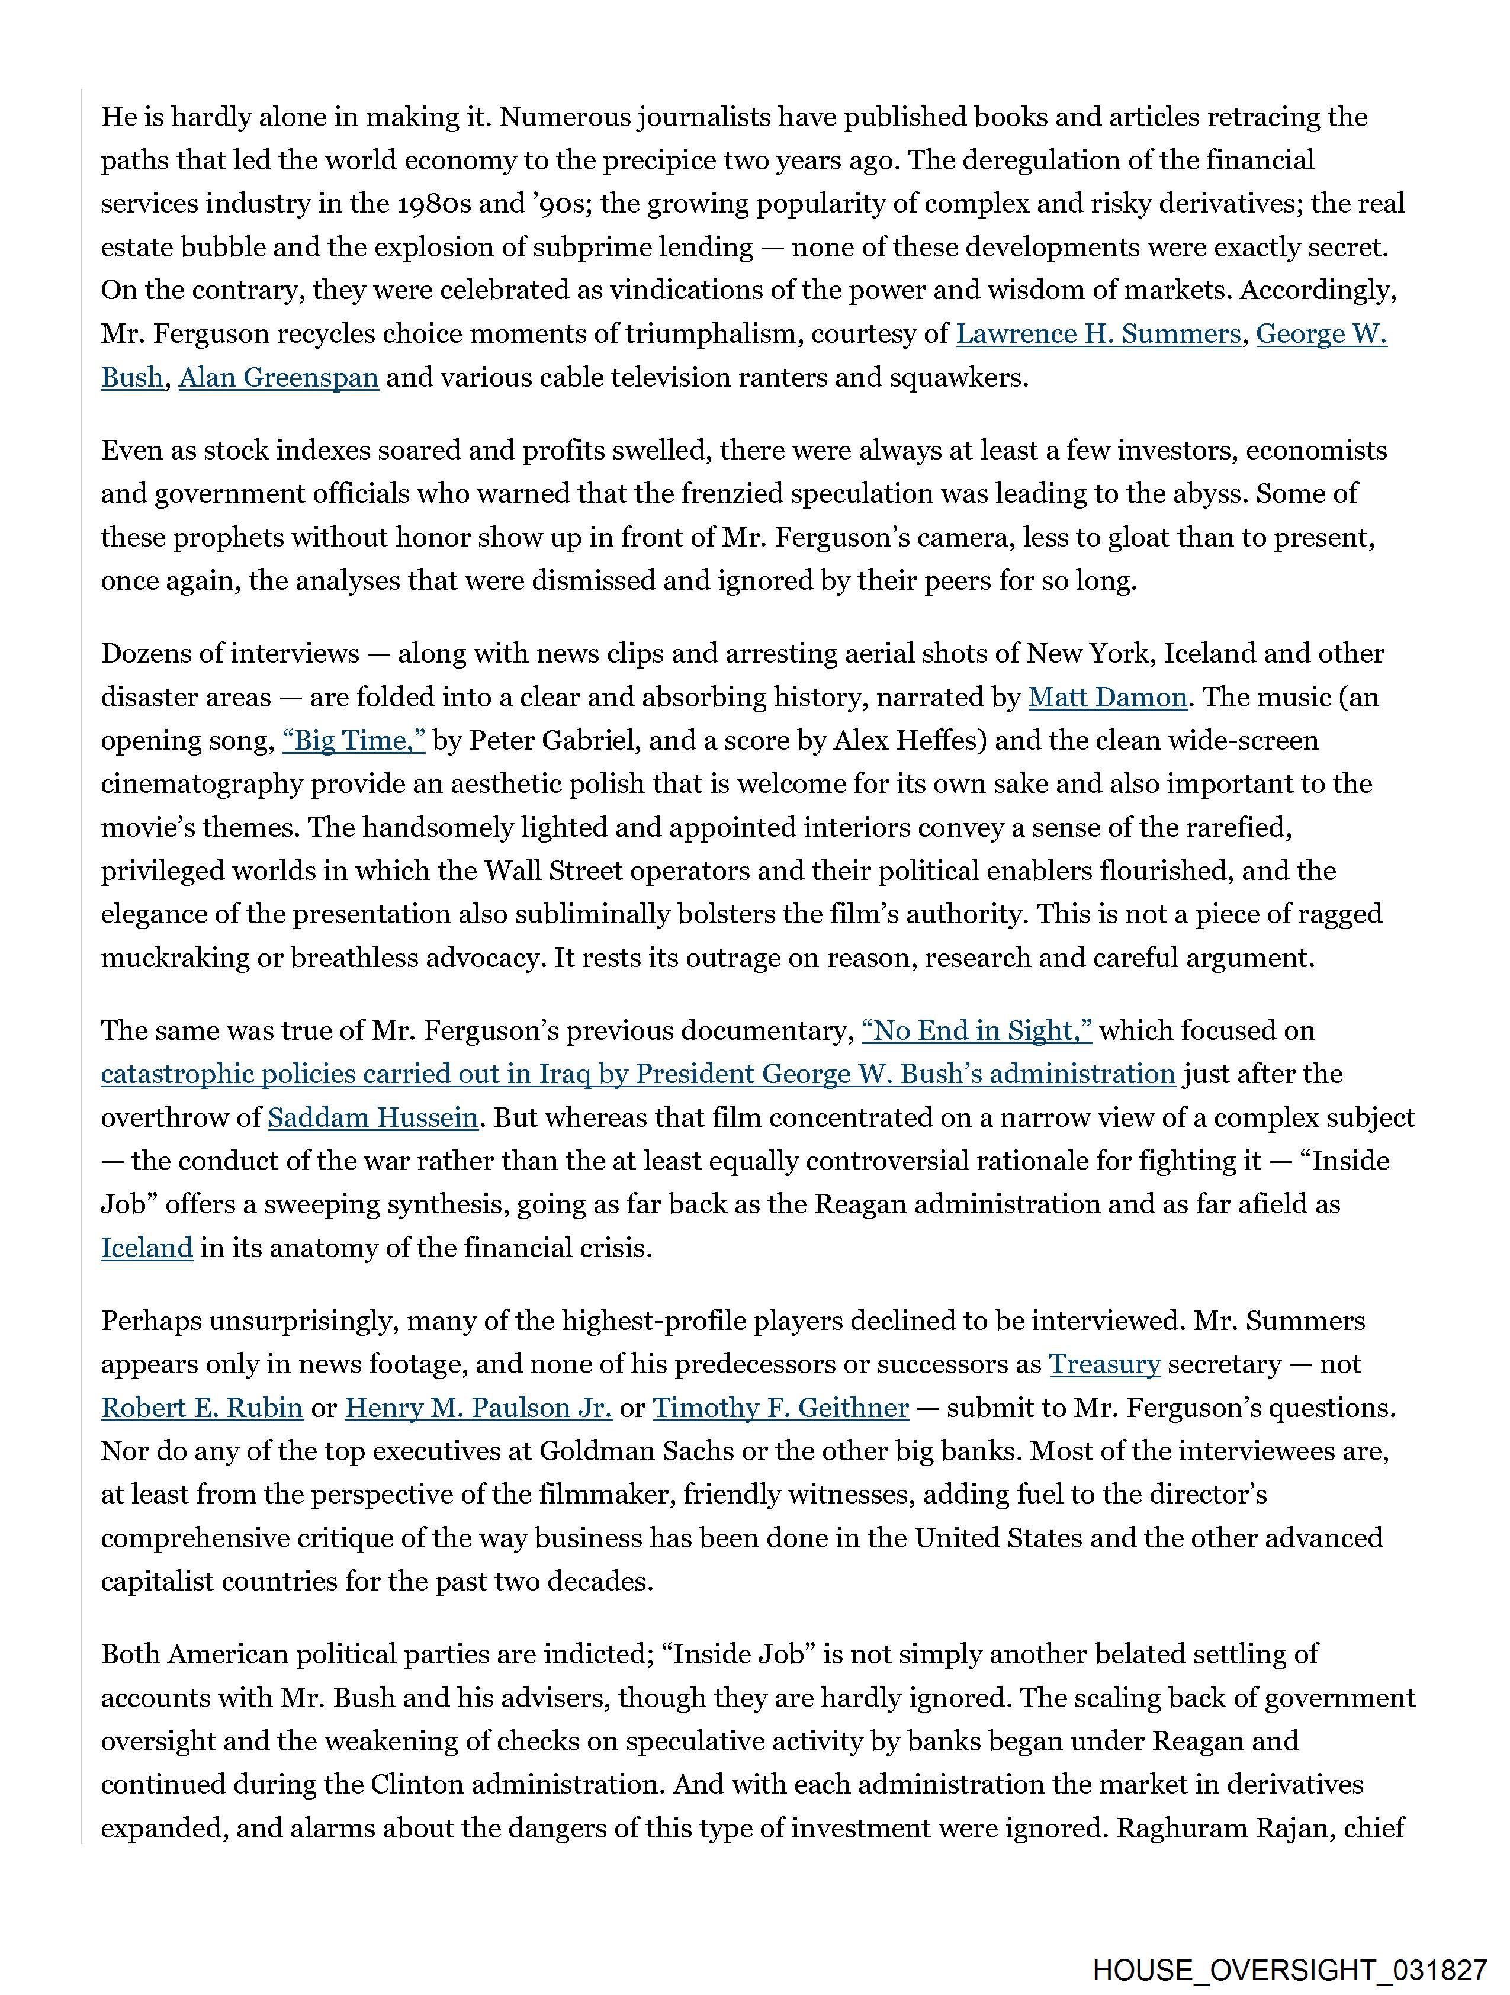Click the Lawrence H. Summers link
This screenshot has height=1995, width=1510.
click(1098, 334)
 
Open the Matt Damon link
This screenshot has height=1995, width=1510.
click(1107, 697)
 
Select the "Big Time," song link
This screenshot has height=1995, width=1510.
click(354, 740)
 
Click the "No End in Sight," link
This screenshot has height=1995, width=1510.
click(976, 1030)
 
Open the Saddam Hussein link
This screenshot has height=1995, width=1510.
click(372, 1117)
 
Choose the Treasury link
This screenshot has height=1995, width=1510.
click(1104, 1364)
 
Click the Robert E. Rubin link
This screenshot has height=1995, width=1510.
click(201, 1407)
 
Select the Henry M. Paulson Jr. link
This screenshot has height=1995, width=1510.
click(478, 1407)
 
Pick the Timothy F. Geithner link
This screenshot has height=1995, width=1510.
click(780, 1407)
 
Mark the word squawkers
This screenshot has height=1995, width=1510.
click(959, 377)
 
